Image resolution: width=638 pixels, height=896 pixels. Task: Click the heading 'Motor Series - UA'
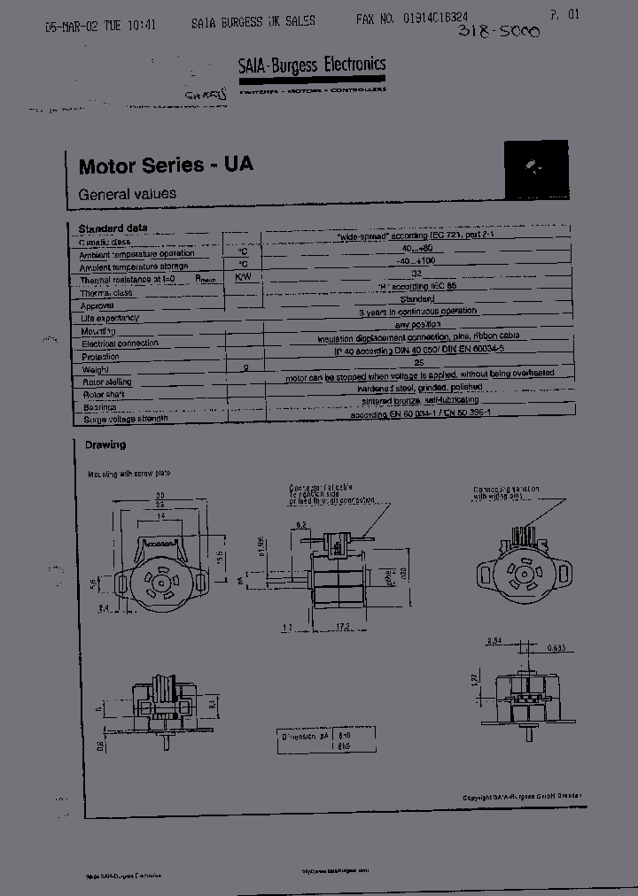[166, 166]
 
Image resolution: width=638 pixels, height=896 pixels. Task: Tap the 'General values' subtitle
[127, 194]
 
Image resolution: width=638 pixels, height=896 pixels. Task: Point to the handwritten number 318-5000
[497, 32]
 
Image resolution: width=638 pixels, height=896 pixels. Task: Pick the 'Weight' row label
[95, 369]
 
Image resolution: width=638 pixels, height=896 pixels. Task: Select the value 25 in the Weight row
[419, 363]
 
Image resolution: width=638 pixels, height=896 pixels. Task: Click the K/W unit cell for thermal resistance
[241, 277]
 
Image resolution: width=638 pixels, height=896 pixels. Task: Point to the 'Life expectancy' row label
[110, 318]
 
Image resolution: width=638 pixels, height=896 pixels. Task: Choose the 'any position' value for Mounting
[419, 324]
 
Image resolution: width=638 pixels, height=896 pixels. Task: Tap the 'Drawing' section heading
[105, 445]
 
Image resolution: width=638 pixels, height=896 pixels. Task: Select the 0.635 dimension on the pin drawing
[556, 647]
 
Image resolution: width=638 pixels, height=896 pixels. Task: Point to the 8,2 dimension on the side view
[301, 526]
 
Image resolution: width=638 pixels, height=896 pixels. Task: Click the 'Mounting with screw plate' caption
[128, 474]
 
